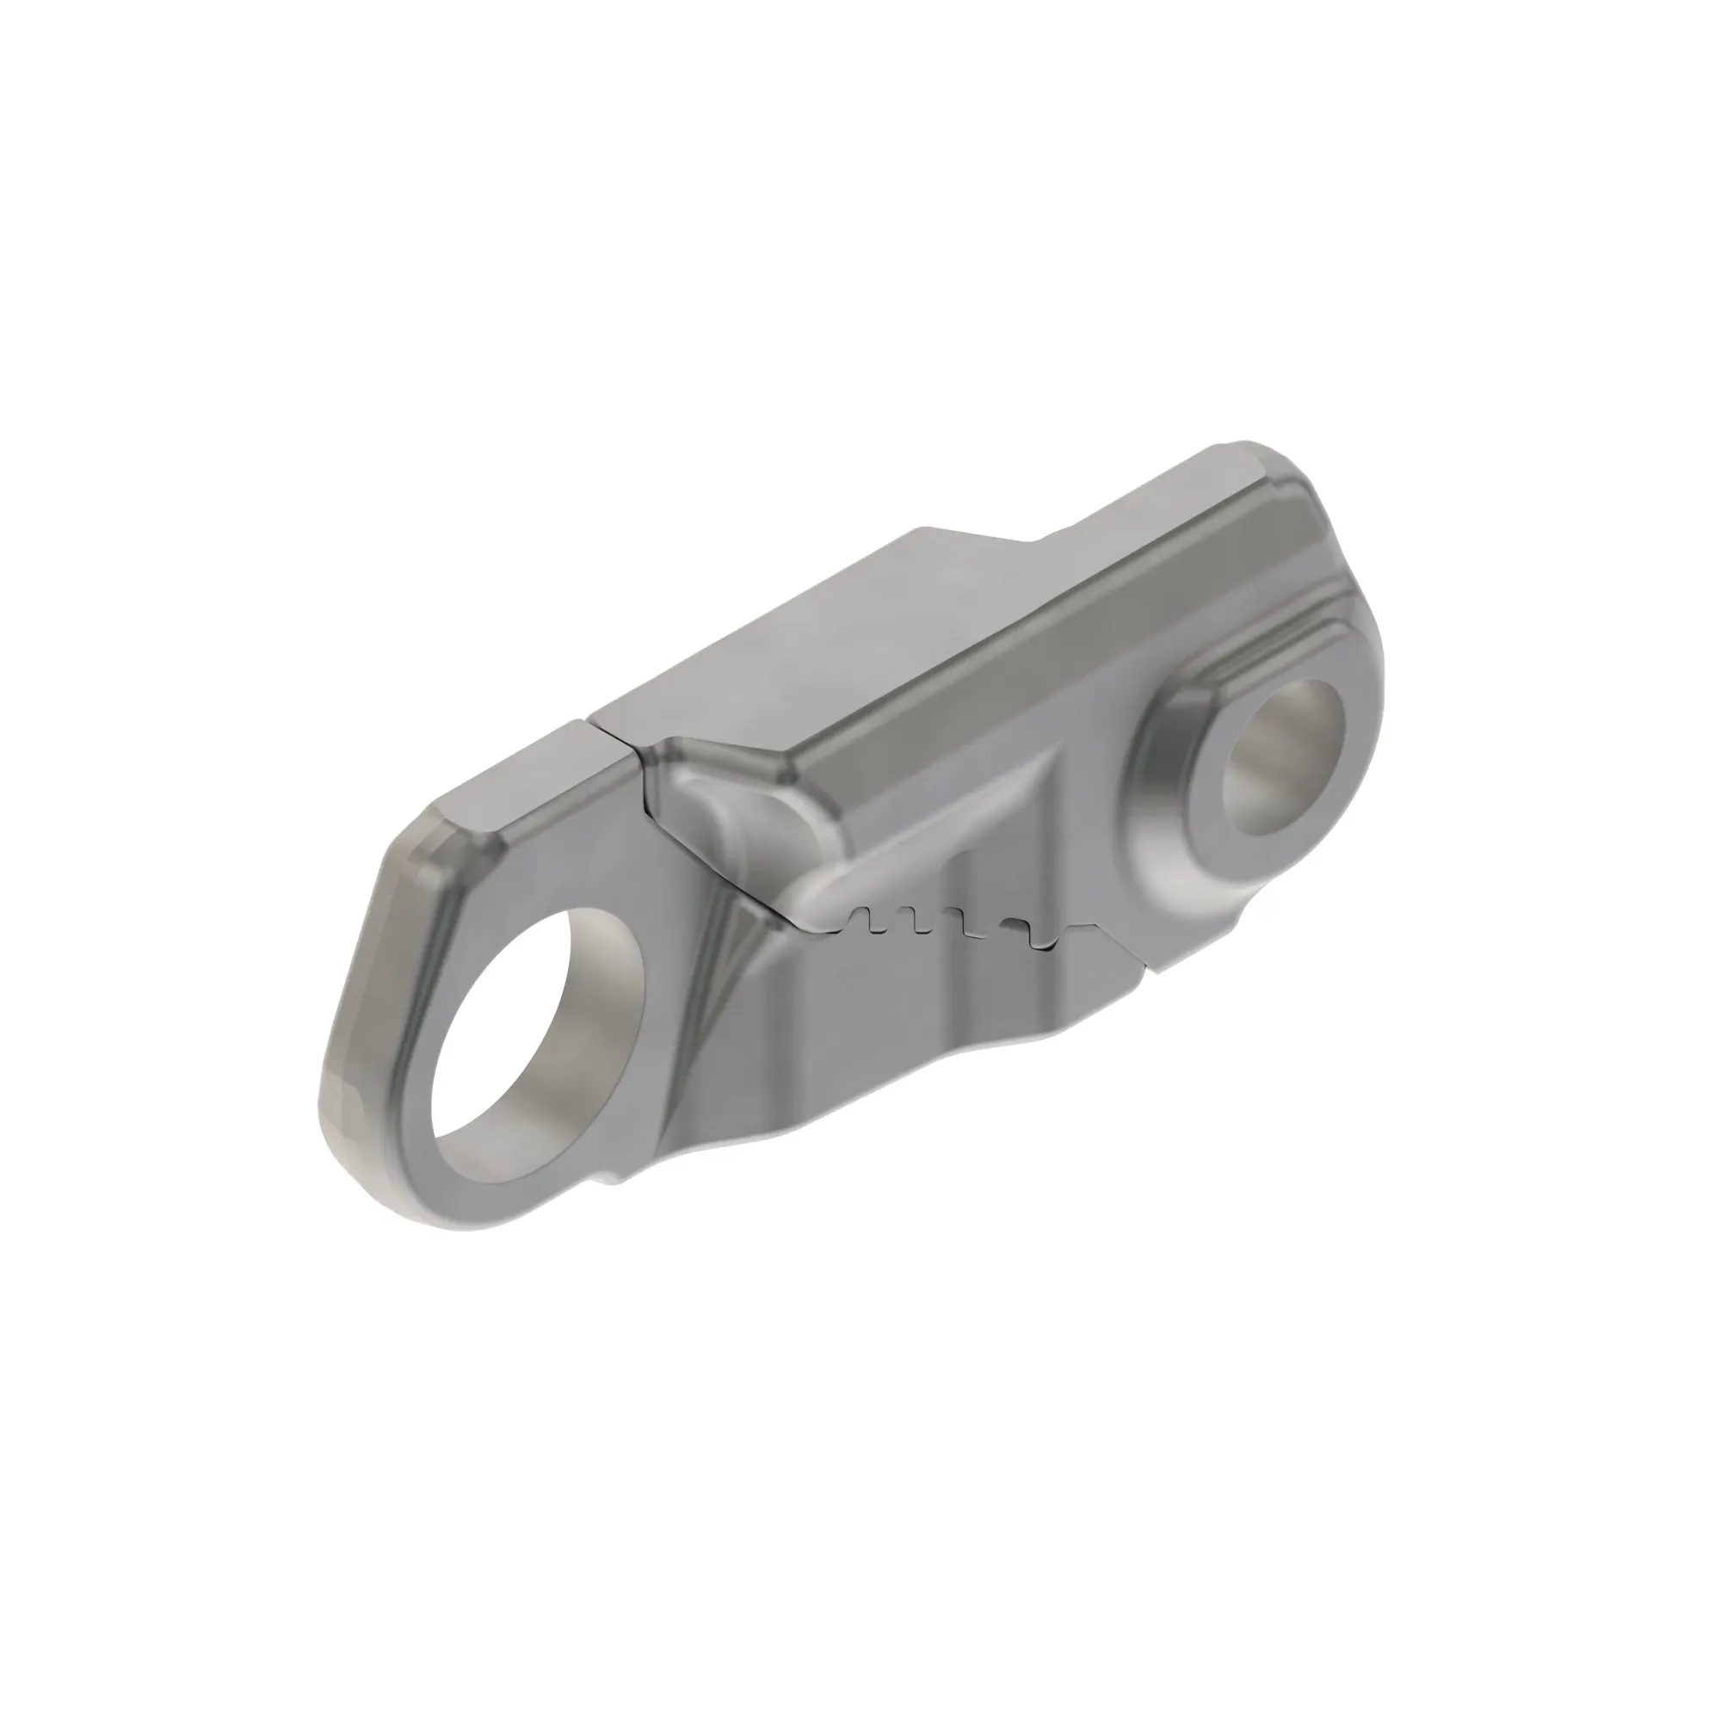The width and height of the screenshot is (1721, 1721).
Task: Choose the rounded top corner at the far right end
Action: tap(1247, 450)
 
